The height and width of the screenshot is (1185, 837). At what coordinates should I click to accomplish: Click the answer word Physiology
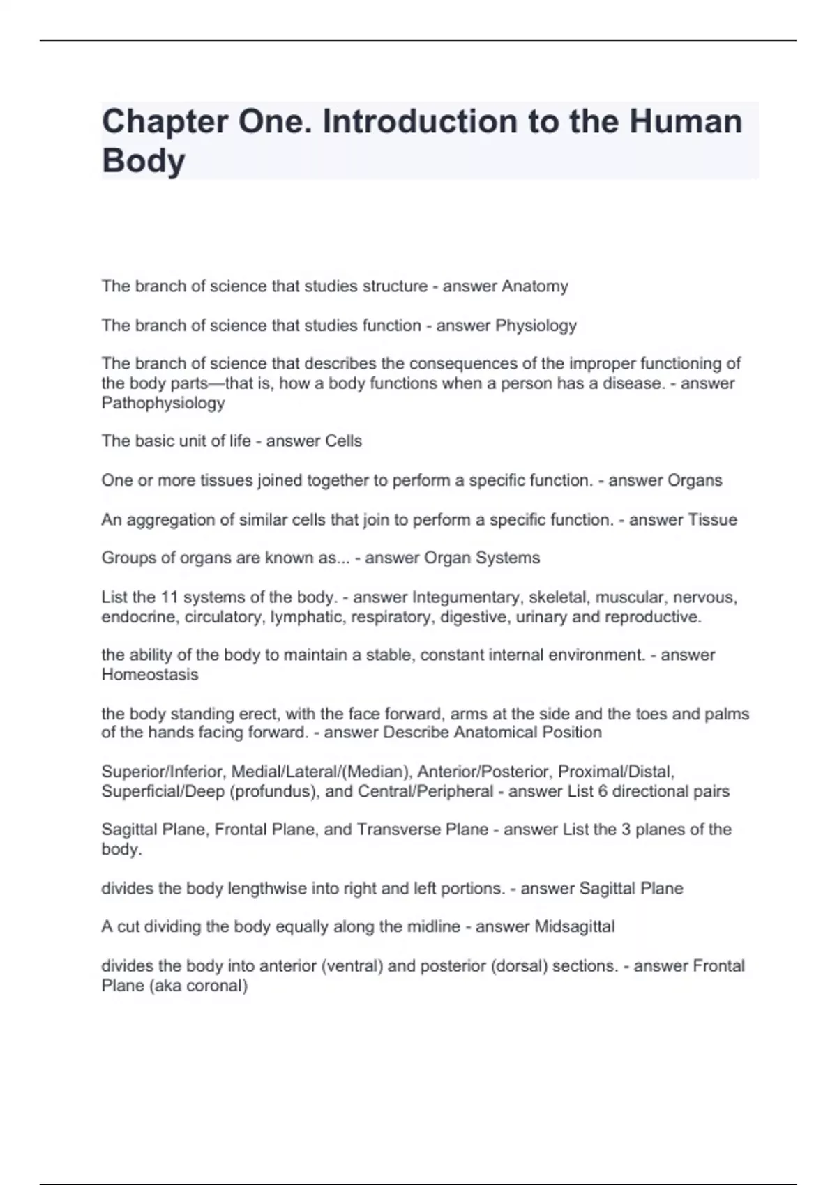coord(536,326)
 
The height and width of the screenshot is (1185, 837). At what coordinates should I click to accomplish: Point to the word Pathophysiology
coord(163,403)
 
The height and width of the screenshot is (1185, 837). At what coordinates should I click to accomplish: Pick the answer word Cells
coord(339,441)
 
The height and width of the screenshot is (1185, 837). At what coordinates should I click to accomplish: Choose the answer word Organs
coord(695,480)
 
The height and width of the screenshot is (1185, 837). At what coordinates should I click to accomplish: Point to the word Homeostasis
coord(150,675)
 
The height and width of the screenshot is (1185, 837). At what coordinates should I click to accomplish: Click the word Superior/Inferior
coord(164,772)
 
